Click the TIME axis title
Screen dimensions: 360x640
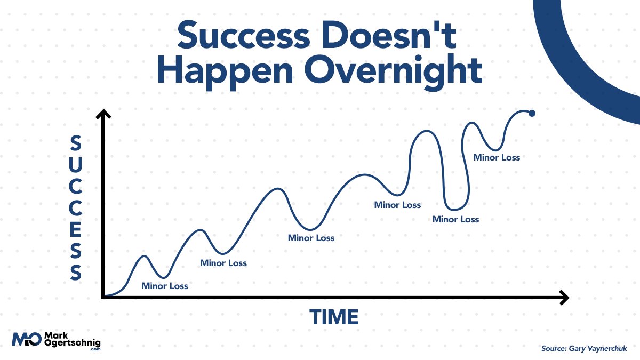tap(334, 317)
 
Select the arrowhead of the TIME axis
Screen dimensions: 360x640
tap(564, 298)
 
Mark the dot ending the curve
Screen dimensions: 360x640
tap(531, 113)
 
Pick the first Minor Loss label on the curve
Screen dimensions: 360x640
tap(165, 286)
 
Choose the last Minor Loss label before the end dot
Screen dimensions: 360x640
tap(497, 157)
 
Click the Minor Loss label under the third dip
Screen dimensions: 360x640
tap(311, 238)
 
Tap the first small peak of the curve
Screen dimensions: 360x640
tap(144, 257)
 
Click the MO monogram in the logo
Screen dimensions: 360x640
tap(26, 339)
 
